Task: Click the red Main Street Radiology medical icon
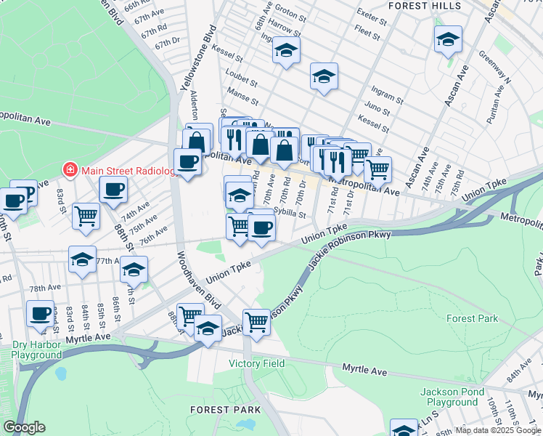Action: (x=70, y=171)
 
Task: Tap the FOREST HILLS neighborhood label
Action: (x=424, y=6)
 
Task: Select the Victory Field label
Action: (x=256, y=363)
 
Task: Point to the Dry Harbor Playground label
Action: (x=36, y=350)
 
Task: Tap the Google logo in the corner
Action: (x=23, y=428)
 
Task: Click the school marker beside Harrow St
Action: (x=286, y=51)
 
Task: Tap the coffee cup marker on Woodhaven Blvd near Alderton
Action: (x=187, y=161)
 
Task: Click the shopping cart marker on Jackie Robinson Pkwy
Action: (x=257, y=320)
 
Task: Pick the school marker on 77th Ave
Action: (x=82, y=259)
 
